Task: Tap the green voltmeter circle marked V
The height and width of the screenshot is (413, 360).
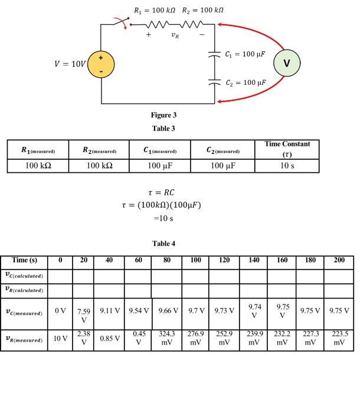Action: tap(287, 63)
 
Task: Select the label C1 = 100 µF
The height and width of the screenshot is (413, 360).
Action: tap(245, 54)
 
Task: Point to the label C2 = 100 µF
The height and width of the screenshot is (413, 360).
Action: tap(245, 83)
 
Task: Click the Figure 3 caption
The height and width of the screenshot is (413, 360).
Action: tap(163, 115)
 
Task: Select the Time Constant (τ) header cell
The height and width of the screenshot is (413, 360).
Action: tap(287, 149)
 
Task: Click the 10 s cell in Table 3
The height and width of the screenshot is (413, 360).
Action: tap(287, 166)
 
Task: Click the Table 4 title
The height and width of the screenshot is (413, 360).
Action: tap(163, 243)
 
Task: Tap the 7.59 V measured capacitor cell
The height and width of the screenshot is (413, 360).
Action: tap(84, 315)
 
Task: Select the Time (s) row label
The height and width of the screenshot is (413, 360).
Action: tap(24, 260)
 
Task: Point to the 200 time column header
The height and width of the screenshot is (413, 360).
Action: tap(339, 260)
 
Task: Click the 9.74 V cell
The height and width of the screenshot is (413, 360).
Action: tap(254, 310)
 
